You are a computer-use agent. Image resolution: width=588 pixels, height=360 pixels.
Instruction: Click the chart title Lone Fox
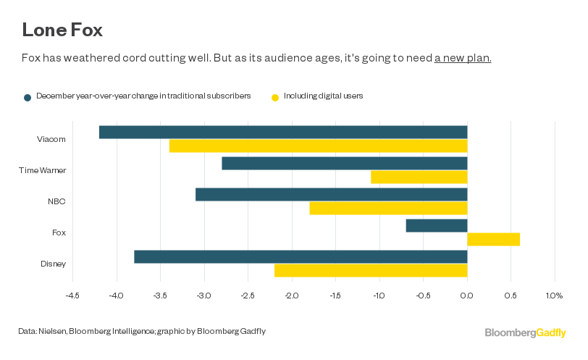click(62, 30)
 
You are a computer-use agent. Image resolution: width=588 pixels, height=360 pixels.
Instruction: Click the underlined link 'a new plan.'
click(463, 58)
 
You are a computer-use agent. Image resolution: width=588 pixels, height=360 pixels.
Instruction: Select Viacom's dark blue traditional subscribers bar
click(283, 132)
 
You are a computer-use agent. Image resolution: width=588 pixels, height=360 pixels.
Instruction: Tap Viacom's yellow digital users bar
click(318, 146)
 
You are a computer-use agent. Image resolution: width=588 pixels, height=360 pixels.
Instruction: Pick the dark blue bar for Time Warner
click(344, 163)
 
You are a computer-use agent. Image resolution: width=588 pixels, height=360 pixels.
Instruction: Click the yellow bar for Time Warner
click(419, 177)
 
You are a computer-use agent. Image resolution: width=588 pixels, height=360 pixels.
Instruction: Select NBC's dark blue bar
click(331, 194)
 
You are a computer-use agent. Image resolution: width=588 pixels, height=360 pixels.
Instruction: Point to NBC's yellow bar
click(388, 208)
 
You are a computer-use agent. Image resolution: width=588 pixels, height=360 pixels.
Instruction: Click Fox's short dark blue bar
click(436, 225)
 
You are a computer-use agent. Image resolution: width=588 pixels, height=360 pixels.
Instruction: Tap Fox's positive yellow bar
click(493, 239)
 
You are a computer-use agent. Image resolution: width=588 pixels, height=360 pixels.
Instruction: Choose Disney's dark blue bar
click(301, 256)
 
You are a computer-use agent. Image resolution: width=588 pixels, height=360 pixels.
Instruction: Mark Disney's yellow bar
click(371, 270)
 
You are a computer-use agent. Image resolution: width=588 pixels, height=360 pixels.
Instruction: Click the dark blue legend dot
click(28, 97)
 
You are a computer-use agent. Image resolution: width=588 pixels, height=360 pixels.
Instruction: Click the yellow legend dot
click(274, 97)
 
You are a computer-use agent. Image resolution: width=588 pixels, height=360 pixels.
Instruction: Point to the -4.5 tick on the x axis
click(72, 296)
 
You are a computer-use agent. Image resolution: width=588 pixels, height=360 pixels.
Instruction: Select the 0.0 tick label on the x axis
click(467, 296)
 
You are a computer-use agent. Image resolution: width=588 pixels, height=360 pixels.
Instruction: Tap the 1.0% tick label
click(554, 296)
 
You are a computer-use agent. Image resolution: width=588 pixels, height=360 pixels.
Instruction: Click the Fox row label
click(59, 233)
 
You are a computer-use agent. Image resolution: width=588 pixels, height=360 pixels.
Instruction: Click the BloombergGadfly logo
click(525, 332)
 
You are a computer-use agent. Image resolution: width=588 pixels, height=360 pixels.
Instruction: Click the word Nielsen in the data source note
click(51, 332)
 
